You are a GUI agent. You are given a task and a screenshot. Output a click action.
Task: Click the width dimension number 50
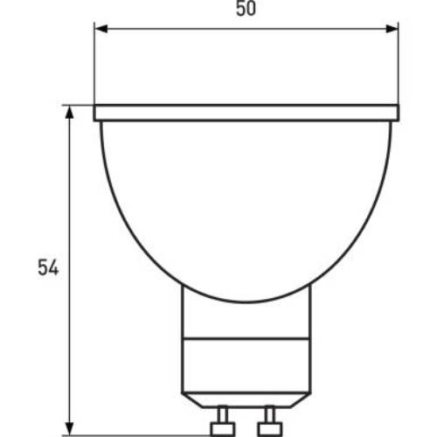246,9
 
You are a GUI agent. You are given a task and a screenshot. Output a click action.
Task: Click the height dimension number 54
48,267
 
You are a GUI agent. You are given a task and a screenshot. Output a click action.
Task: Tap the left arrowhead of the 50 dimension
101,29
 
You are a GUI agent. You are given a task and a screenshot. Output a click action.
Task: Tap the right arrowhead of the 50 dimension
392,29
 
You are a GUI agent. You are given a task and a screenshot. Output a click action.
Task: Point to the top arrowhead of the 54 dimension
69,112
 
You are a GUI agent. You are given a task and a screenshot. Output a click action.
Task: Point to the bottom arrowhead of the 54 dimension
69,429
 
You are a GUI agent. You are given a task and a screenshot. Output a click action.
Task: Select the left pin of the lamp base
223,421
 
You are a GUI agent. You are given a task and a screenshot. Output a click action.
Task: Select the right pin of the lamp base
269,421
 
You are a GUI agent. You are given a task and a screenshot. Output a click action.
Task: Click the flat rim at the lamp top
246,113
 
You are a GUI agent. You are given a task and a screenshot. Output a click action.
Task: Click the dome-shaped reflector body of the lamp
246,204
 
